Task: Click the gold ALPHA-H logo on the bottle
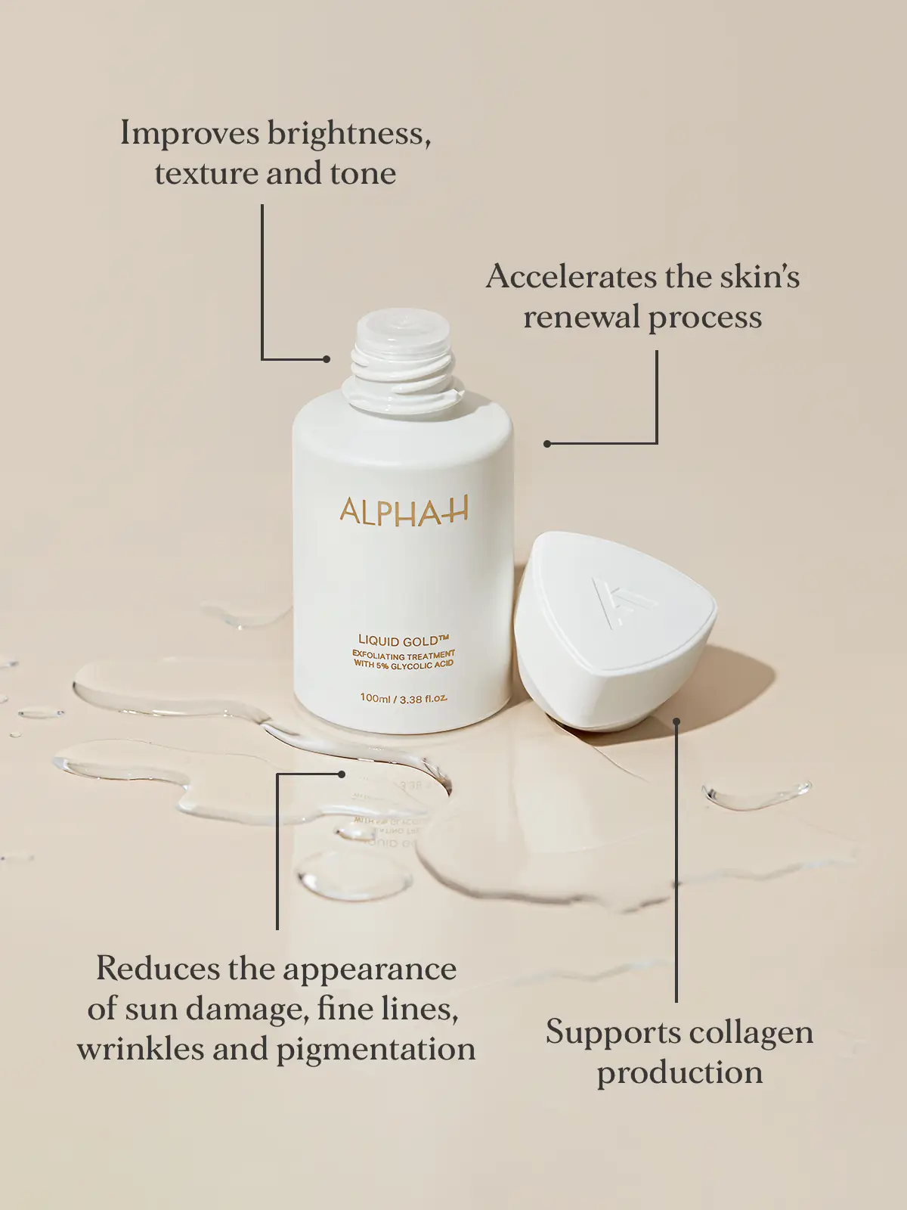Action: (x=404, y=511)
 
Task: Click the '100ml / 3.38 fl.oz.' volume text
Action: (x=404, y=698)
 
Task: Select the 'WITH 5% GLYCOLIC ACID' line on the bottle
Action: (x=404, y=665)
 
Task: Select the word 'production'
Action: (x=679, y=1073)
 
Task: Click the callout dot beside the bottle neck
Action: (x=327, y=359)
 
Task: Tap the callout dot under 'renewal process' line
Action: (x=547, y=443)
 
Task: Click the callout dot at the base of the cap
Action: (x=676, y=722)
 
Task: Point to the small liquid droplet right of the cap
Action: (x=756, y=795)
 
